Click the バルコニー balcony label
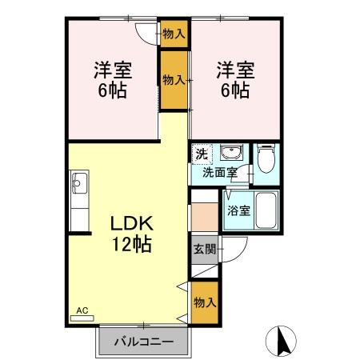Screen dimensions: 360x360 tap(143, 342)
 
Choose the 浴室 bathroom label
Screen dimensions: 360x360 tap(238, 212)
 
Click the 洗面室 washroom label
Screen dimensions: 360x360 tap(218, 171)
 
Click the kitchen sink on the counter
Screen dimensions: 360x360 tap(79, 186)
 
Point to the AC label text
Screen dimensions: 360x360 tap(82, 310)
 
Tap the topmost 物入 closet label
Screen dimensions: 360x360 tap(174, 34)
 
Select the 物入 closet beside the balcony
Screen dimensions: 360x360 tap(204, 302)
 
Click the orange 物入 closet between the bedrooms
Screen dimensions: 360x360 tap(174, 79)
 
